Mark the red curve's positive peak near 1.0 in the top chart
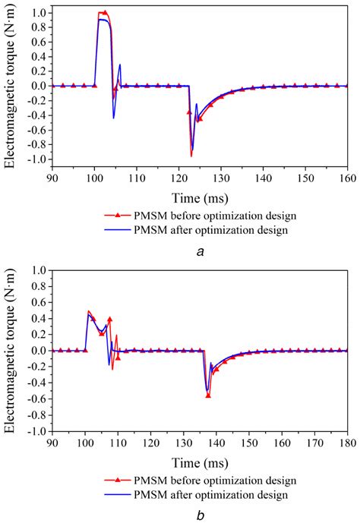(104, 12)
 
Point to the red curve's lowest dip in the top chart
(191, 156)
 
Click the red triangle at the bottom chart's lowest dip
(208, 395)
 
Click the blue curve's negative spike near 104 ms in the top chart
(113, 118)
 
